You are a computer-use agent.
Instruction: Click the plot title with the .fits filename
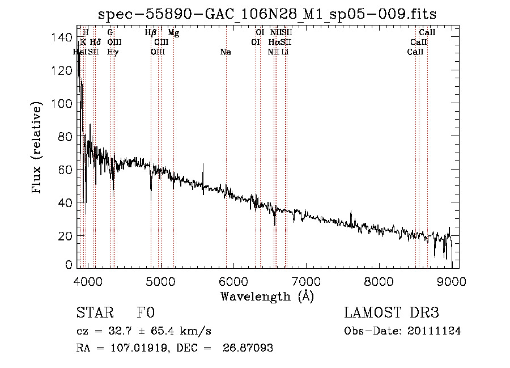click(267, 14)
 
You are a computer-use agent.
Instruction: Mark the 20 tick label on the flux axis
click(66, 235)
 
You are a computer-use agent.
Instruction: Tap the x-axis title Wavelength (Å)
click(267, 296)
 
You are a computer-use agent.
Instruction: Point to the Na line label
click(226, 52)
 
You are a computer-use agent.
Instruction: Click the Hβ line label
click(150, 33)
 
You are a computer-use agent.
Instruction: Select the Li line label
click(285, 52)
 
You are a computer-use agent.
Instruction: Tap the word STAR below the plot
click(94, 314)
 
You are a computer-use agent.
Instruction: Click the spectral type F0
click(146, 314)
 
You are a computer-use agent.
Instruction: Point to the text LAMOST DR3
click(392, 314)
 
